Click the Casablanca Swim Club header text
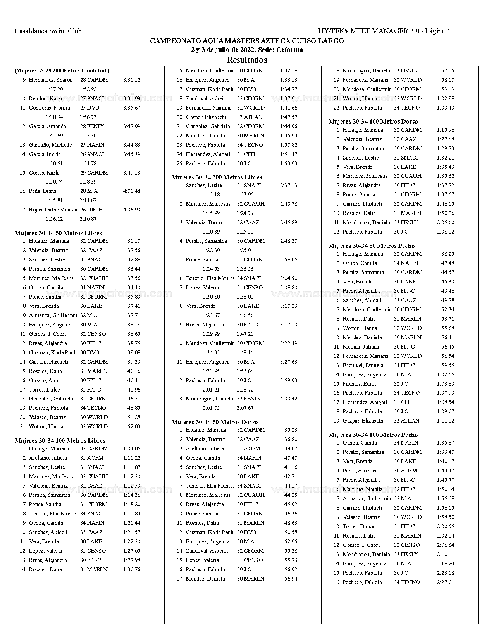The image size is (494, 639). (48, 31)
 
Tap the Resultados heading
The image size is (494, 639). (247, 60)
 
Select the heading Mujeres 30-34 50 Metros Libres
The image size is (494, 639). (58, 233)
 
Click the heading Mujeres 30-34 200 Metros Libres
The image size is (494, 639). (217, 177)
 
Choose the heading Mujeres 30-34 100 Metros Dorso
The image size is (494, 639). (373, 122)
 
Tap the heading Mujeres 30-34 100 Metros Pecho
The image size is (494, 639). (373, 435)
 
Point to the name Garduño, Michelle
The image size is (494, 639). (50, 145)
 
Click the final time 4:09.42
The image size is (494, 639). (288, 399)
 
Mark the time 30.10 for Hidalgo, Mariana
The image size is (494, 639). (134, 241)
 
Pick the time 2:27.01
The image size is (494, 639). (445, 582)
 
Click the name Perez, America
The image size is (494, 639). (360, 471)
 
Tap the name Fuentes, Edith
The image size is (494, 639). (359, 384)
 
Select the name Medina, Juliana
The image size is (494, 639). (361, 347)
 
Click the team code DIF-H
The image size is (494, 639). (95, 210)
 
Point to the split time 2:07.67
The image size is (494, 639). (245, 408)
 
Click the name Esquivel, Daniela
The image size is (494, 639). (363, 365)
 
